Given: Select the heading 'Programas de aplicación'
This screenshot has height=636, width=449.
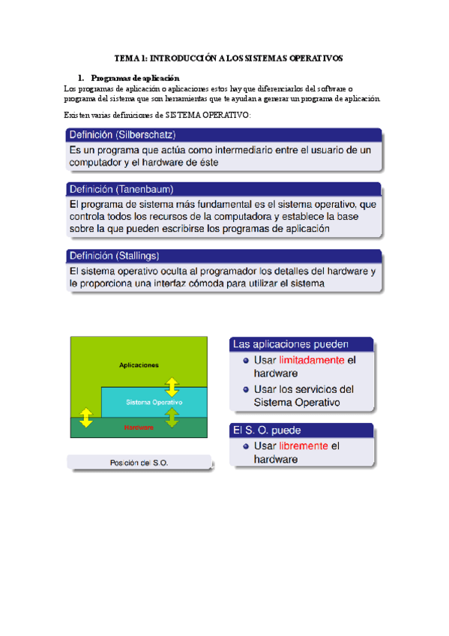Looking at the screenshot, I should (x=135, y=78).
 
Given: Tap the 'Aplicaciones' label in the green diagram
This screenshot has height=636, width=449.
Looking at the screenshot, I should (x=139, y=365).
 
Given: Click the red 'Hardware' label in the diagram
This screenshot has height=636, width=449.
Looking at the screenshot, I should (x=139, y=427).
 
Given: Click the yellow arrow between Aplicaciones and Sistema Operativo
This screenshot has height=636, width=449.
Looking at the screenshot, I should (x=172, y=387).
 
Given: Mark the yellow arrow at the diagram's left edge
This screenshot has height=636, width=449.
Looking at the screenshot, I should (x=86, y=418).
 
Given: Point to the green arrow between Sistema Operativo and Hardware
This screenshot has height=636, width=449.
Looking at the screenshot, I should (x=172, y=417).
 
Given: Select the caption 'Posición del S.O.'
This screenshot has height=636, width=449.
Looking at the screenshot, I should (x=139, y=463).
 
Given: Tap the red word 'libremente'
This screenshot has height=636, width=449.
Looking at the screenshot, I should (x=303, y=445).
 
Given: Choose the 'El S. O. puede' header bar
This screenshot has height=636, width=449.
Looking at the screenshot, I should (x=301, y=431).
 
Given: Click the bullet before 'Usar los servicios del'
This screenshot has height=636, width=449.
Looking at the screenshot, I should (x=246, y=389).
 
